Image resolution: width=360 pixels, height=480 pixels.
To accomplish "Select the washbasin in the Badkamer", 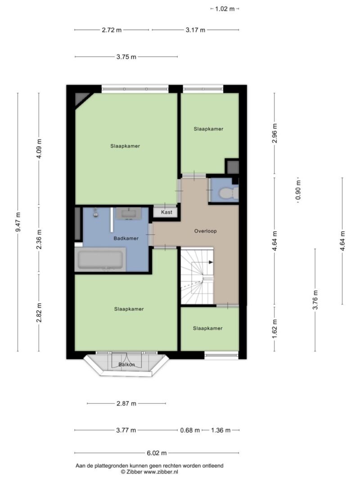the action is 129,213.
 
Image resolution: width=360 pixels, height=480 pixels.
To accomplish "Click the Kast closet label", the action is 166,212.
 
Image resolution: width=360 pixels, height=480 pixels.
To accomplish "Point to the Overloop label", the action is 205,231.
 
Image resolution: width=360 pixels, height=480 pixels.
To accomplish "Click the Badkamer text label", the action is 126,238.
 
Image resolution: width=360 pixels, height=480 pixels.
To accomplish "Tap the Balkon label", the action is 127,364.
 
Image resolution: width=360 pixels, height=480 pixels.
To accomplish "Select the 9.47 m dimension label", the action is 18,222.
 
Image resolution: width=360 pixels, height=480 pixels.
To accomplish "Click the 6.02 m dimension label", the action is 157,453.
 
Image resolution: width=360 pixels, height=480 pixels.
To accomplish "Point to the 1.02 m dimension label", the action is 225,9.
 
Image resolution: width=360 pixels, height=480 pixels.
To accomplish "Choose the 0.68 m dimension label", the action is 190,430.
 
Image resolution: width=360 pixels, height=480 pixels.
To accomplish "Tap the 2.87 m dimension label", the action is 126,404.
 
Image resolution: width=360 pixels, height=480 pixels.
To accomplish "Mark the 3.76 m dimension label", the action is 315,300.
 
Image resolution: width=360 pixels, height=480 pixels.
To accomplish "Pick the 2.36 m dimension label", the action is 39,239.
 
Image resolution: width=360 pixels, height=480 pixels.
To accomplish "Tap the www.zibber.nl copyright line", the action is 149,472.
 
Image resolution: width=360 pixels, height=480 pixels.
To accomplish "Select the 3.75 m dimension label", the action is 126,57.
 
